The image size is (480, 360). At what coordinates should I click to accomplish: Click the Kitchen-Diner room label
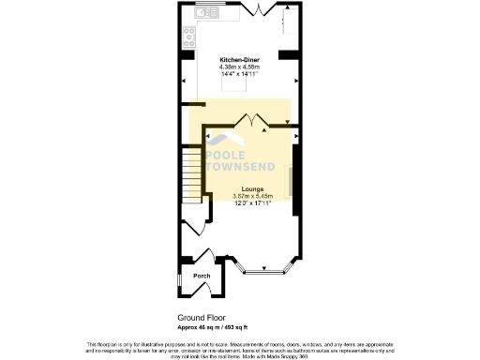coord(239,60)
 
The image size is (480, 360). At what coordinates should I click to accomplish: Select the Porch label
coord(202,277)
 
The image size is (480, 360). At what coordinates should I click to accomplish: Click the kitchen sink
coord(203,13)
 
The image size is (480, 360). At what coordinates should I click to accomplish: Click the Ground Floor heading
coord(202,319)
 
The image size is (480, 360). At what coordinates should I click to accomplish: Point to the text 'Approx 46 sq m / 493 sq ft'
coord(212,328)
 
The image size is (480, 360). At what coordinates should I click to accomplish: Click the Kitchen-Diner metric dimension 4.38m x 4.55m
coord(239,67)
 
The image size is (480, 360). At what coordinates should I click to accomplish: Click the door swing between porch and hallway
coord(208,255)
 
